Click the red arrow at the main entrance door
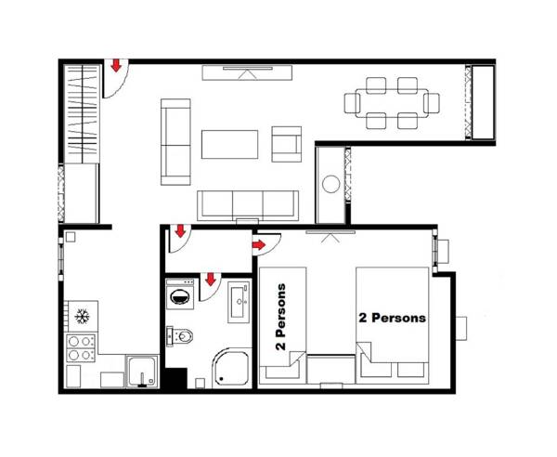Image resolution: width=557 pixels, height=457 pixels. tap(116, 66)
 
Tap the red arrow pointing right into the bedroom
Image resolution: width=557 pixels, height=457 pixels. tap(259, 244)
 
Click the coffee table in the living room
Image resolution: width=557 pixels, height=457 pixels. tap(229, 144)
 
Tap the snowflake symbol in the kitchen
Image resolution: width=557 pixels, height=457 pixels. tap(82, 316)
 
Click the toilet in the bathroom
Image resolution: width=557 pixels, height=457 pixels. tap(182, 334)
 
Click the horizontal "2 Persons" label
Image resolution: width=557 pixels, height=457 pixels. tap(392, 318)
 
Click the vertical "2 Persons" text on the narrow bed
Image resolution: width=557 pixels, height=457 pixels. tap(280, 316)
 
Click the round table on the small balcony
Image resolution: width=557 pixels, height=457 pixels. tap(331, 184)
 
